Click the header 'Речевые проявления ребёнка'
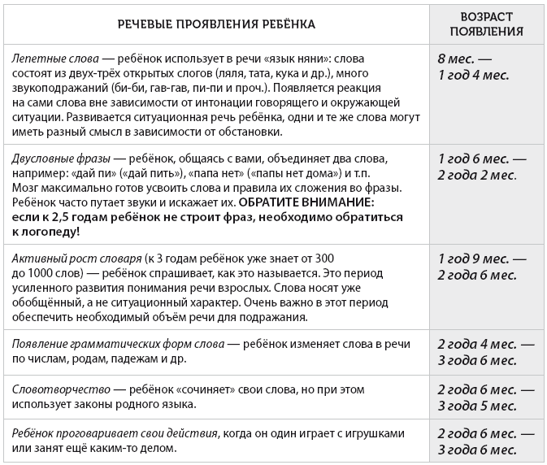pyautogui.click(x=217, y=24)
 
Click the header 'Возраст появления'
pyautogui.click(x=485, y=24)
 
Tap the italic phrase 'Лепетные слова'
pyautogui.click(x=54, y=60)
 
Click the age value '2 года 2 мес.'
pyautogui.click(x=477, y=174)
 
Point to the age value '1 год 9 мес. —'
pyautogui.click(x=481, y=259)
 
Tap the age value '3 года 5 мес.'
pyautogui.click(x=477, y=405)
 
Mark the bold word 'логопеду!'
pyautogui.click(x=46, y=231)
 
